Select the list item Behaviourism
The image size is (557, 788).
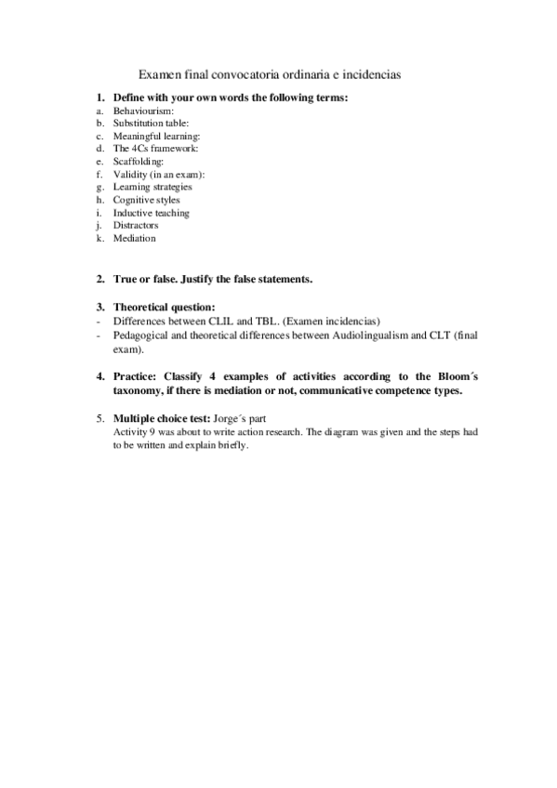[137, 110]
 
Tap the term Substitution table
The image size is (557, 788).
[151, 123]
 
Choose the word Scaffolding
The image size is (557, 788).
[138, 161]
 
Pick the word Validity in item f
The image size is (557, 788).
[129, 174]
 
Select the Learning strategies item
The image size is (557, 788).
[153, 187]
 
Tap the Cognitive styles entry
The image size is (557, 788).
[146, 200]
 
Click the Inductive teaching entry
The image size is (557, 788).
[151, 213]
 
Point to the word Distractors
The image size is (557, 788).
[136, 225]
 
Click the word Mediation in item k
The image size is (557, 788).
[135, 238]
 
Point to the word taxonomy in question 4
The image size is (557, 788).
[138, 390]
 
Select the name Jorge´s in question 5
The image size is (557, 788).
[230, 418]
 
